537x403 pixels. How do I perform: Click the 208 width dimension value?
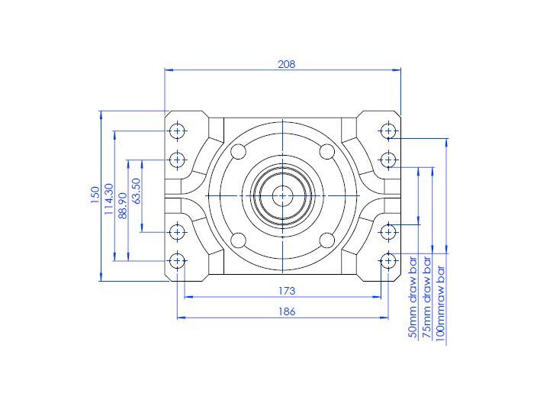(x=286, y=64)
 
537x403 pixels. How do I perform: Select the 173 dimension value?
(x=286, y=291)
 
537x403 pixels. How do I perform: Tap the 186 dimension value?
(x=286, y=311)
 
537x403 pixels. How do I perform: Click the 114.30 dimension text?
(x=109, y=196)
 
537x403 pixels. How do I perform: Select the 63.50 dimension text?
(x=137, y=191)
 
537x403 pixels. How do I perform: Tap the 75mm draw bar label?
(x=426, y=300)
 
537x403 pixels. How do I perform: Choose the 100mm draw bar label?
(x=440, y=300)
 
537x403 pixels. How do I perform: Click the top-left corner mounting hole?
(x=178, y=131)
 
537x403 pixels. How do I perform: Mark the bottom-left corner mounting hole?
(x=178, y=261)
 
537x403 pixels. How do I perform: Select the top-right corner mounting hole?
(x=388, y=131)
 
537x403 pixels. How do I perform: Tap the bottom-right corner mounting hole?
(x=388, y=261)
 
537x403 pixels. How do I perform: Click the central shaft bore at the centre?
(x=283, y=195)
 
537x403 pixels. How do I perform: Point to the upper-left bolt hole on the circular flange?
(x=239, y=151)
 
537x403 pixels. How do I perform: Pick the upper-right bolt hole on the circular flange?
(x=327, y=151)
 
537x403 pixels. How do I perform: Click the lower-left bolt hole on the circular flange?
(x=239, y=240)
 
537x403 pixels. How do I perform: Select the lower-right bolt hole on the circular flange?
(x=327, y=240)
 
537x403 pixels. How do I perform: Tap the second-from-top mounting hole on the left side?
(x=178, y=160)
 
